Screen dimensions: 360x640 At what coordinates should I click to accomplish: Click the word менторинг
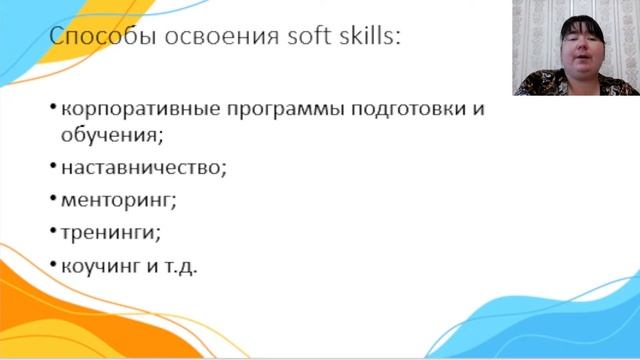pos(117,200)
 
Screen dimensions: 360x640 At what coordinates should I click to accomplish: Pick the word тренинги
pos(109,233)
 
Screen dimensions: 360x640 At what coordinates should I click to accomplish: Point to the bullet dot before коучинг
pos(51,266)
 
